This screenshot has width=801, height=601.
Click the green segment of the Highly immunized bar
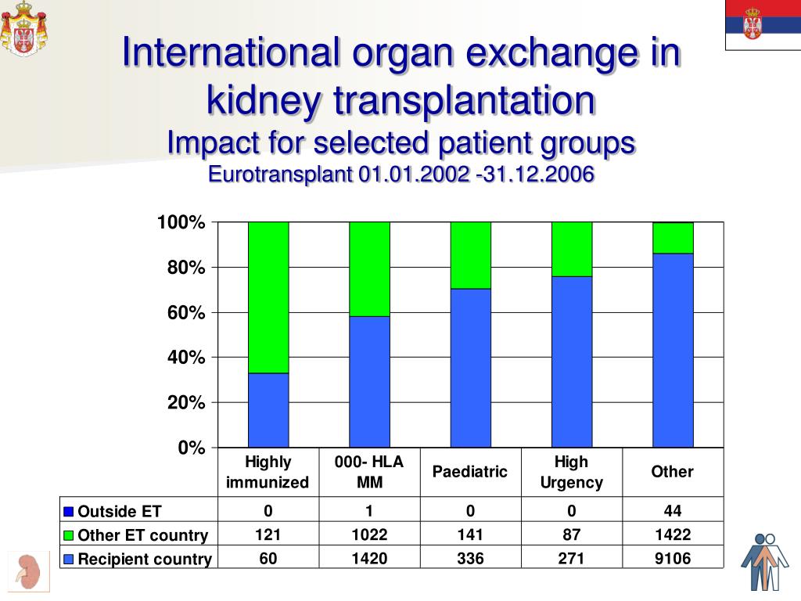[268, 297]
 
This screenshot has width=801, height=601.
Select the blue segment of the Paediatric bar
[470, 368]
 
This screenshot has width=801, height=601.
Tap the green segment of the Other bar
[673, 238]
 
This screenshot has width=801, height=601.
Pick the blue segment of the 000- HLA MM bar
[369, 382]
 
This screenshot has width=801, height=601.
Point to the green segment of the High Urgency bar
[572, 249]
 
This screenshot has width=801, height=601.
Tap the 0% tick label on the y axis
[190, 448]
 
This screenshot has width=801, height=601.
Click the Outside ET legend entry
[118, 512]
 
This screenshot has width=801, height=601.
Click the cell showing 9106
[673, 558]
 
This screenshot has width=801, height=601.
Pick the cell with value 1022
[369, 534]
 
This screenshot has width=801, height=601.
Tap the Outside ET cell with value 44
[673, 511]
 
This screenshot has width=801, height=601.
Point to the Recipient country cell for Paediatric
[470, 558]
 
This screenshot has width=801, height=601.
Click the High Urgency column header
[572, 472]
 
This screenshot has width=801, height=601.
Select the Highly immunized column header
[268, 472]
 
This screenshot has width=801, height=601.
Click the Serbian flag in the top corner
[762, 24]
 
